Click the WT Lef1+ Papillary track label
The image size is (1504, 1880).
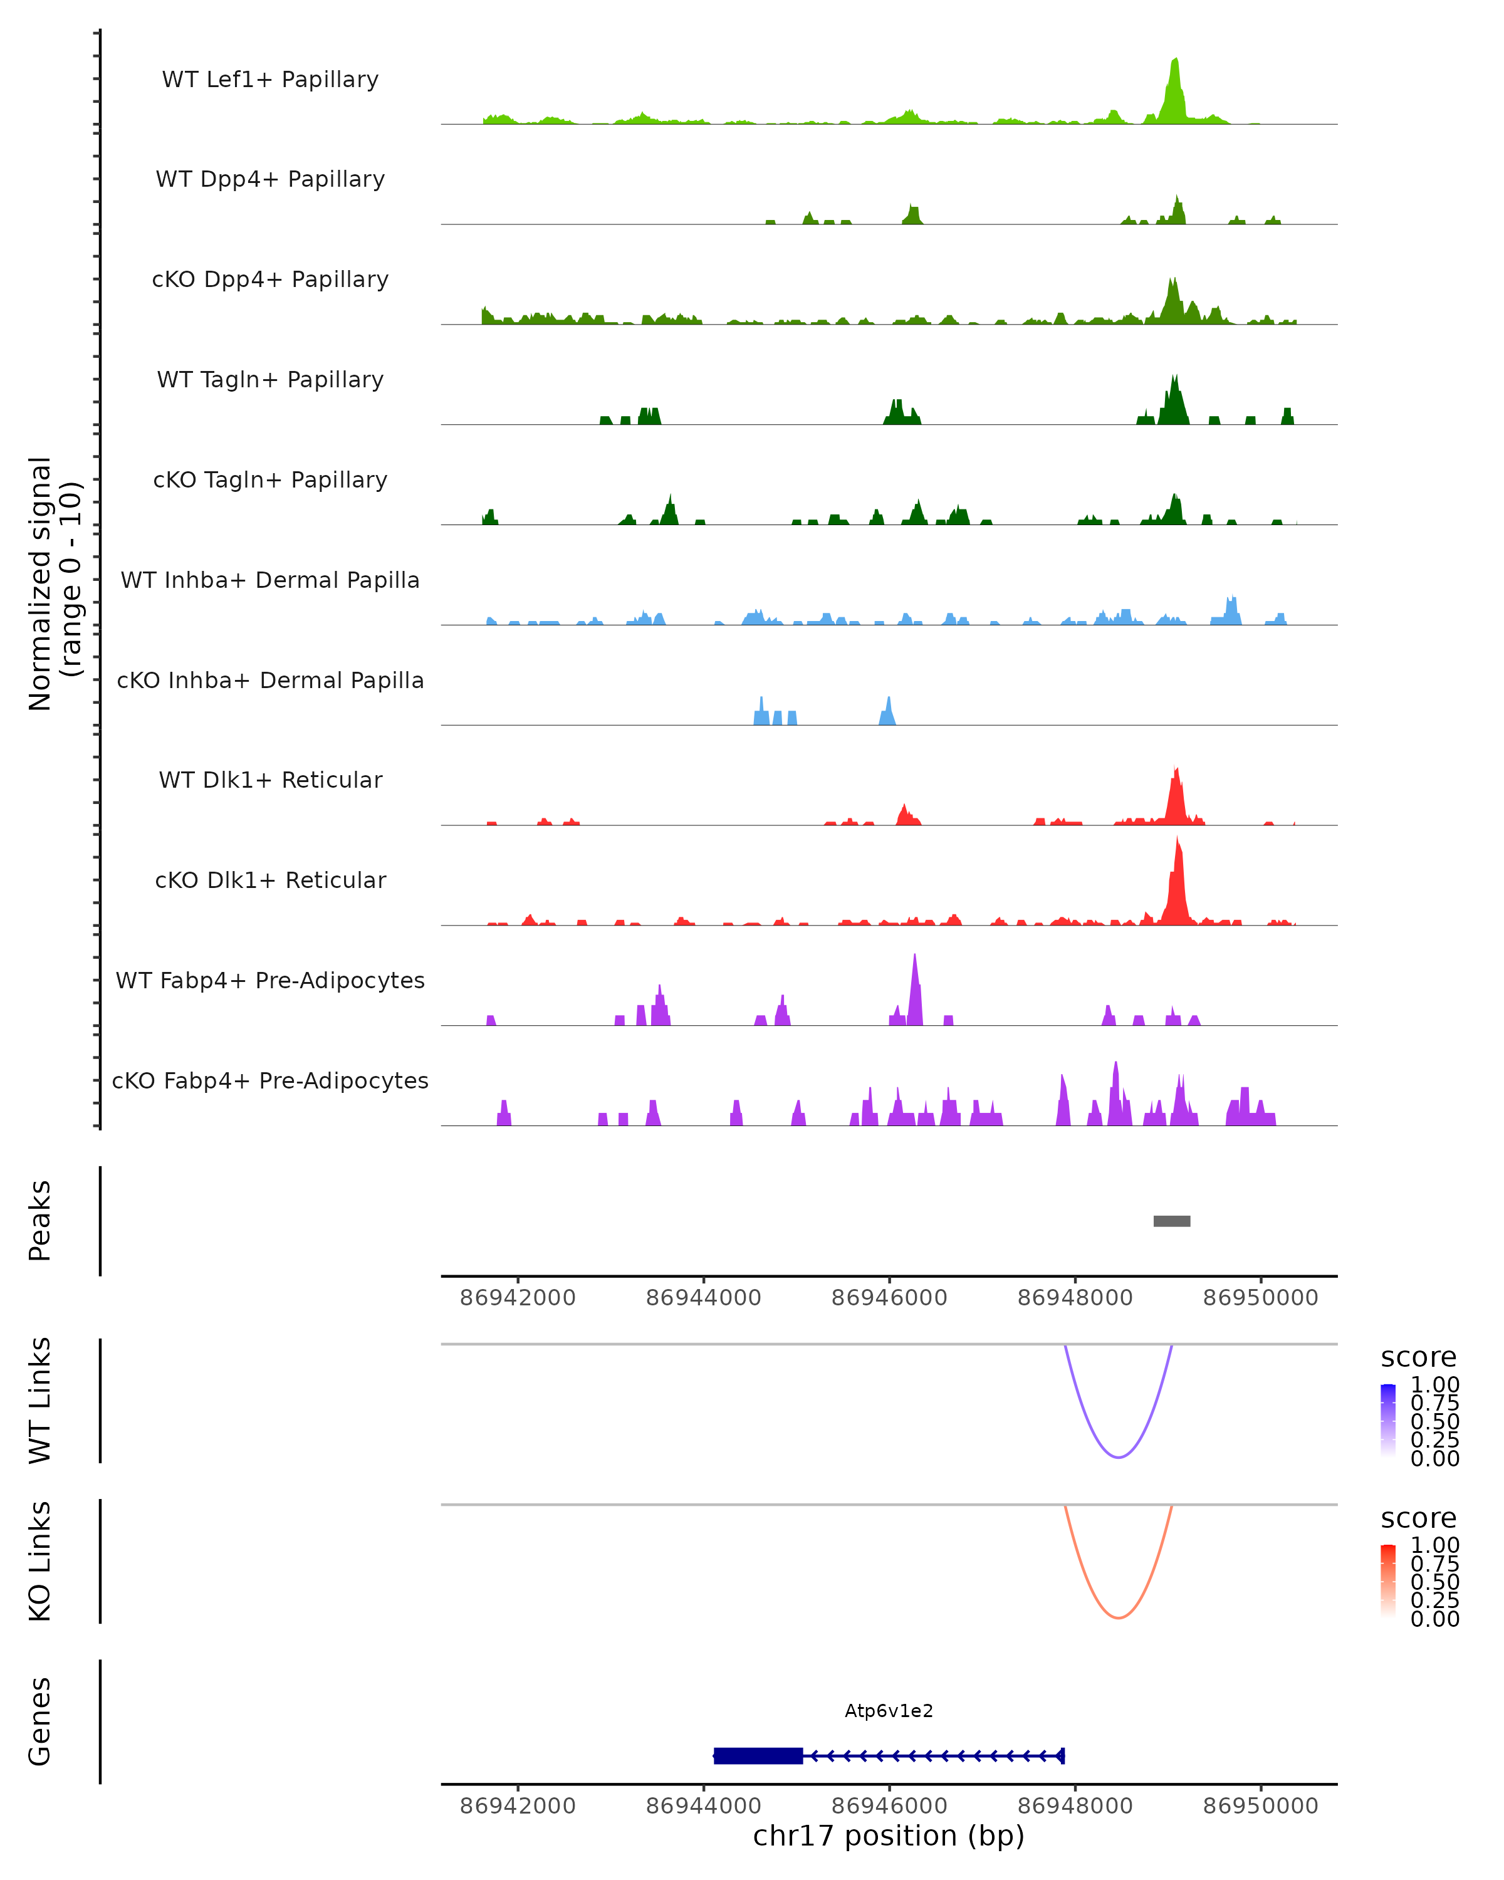click(x=270, y=80)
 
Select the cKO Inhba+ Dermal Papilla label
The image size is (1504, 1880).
click(x=270, y=680)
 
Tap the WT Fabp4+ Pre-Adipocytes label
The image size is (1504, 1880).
click(x=270, y=980)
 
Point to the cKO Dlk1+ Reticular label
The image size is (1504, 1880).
click(x=270, y=880)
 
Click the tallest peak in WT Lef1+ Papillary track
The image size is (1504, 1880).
click(x=1175, y=61)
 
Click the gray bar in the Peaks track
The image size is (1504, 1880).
click(x=1172, y=1221)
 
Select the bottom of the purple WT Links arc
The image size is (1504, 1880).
click(x=1119, y=1457)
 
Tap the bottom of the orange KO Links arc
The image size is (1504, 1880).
click(x=1119, y=1617)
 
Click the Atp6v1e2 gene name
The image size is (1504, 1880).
click(x=889, y=1711)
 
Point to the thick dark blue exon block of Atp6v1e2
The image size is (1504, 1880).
click(x=758, y=1755)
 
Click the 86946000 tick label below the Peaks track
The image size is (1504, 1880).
click(x=889, y=1298)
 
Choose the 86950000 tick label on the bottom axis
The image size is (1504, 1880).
click(x=1261, y=1806)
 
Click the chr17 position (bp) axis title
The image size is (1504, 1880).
click(x=889, y=1836)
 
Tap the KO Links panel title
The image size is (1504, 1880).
click(x=40, y=1561)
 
